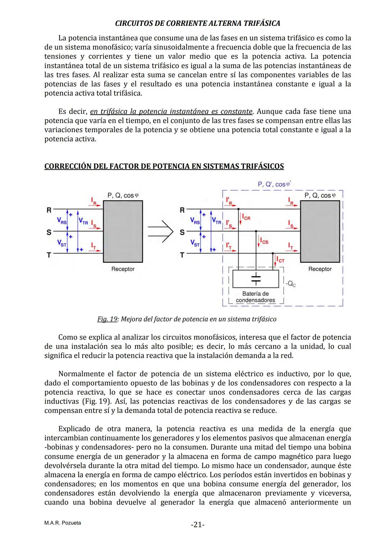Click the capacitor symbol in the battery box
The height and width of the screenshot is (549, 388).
255,278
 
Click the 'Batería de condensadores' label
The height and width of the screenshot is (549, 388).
255,297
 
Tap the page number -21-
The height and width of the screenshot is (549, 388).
197,525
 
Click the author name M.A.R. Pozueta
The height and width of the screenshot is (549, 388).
63,523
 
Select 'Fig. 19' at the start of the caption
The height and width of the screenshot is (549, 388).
107,319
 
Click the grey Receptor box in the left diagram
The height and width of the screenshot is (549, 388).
123,231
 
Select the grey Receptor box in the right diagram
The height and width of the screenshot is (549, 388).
320,231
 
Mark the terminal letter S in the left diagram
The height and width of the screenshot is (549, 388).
48,232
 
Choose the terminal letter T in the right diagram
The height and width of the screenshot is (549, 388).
182,255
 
